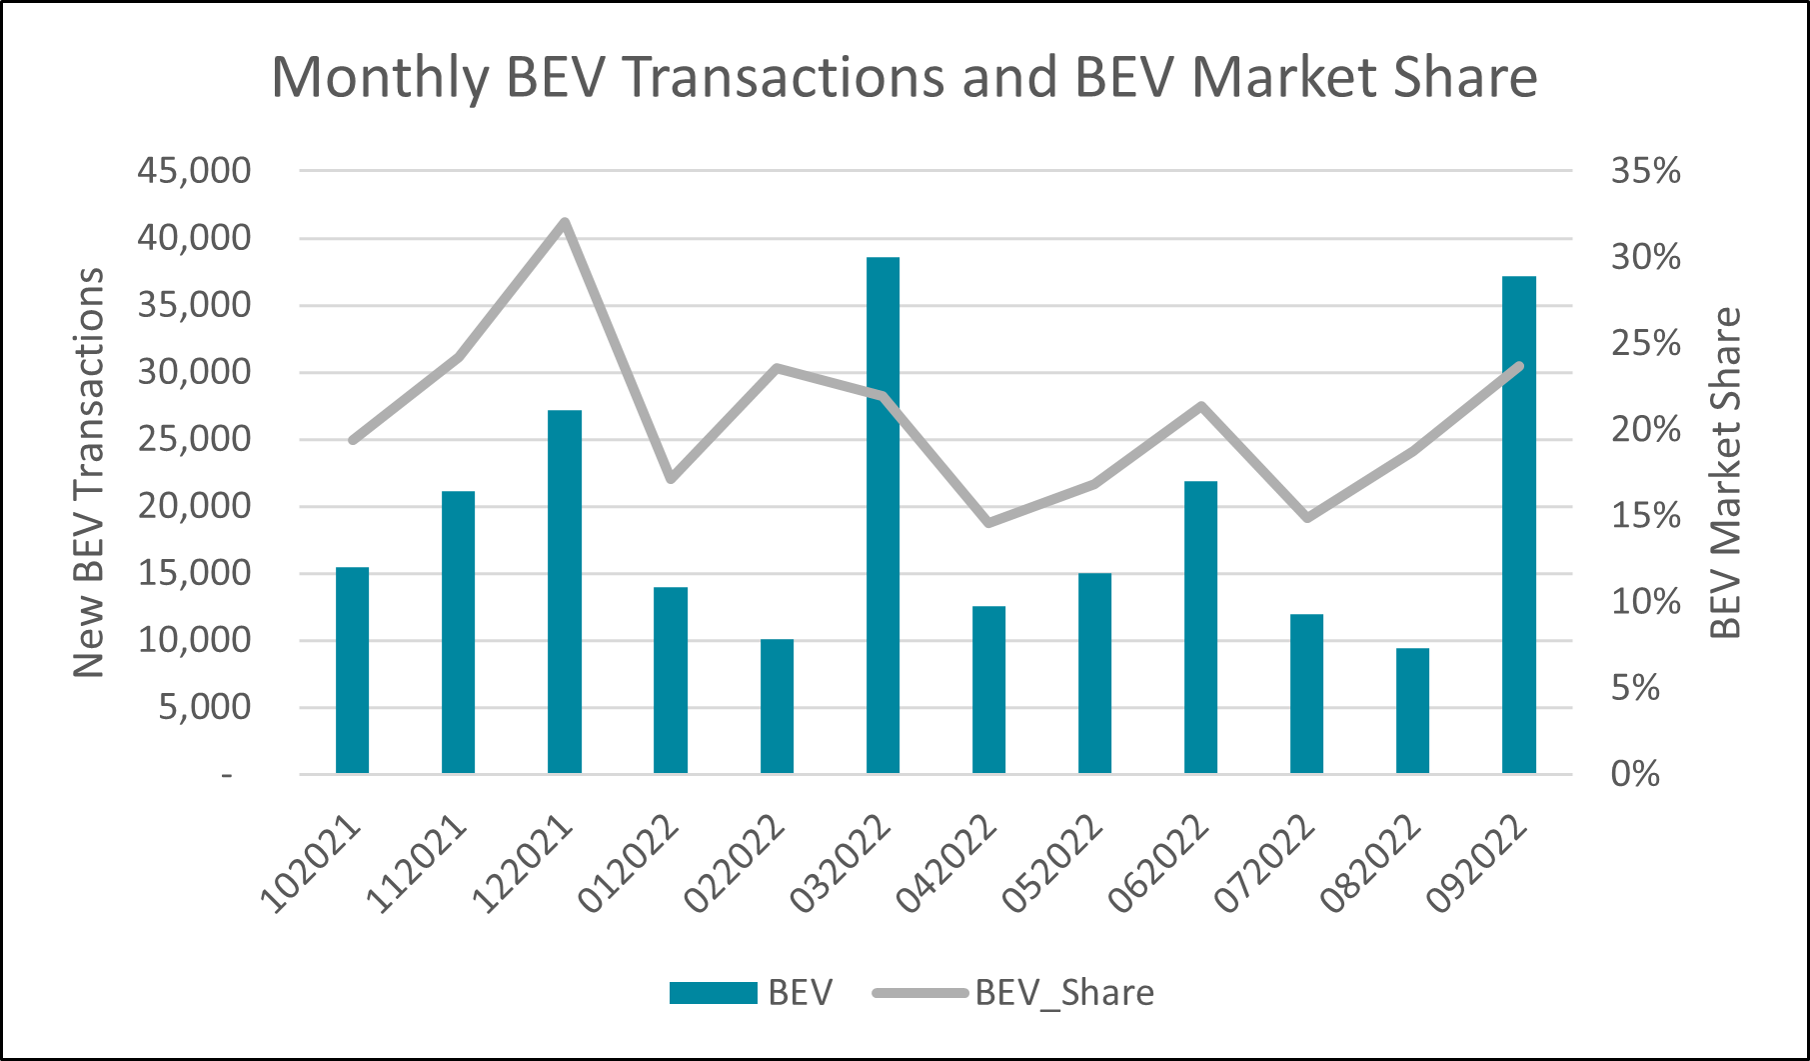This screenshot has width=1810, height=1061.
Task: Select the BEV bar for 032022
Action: point(883,515)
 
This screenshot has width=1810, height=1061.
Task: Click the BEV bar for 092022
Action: point(1518,524)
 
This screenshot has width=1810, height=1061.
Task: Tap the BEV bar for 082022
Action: point(1412,710)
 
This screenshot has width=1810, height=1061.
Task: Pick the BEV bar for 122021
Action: point(565,591)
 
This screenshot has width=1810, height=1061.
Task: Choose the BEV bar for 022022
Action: point(777,705)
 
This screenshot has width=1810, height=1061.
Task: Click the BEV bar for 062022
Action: point(1200,627)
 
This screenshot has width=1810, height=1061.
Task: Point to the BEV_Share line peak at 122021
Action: point(565,222)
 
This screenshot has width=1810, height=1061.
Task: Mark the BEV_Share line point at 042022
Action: point(988,522)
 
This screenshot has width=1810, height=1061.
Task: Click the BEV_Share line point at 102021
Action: point(353,440)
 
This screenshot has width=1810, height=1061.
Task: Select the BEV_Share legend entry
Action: point(1013,992)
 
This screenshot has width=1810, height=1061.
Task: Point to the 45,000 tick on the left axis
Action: point(194,171)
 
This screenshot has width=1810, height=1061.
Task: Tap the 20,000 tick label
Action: point(194,506)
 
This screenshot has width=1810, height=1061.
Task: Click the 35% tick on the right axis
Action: point(1645,171)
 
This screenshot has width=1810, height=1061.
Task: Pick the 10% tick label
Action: point(1645,602)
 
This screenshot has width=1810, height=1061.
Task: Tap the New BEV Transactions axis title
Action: point(90,472)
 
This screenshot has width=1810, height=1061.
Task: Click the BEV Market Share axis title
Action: point(1726,472)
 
